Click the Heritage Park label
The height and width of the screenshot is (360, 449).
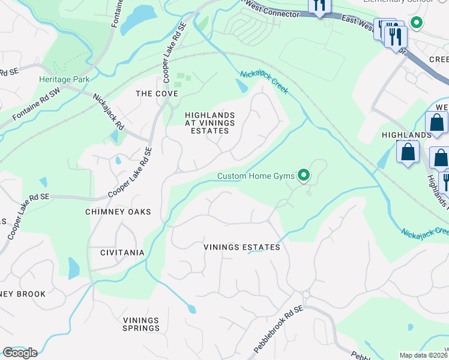click(x=64, y=79)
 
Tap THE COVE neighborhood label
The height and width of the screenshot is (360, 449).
click(x=157, y=94)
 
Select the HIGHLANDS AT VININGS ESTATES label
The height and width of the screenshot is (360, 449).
click(x=207, y=122)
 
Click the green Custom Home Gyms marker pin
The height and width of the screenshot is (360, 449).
click(x=304, y=175)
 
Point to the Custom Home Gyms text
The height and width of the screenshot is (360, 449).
click(x=256, y=176)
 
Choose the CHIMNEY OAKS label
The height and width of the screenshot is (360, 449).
click(x=118, y=212)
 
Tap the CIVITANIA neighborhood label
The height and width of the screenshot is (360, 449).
click(x=122, y=253)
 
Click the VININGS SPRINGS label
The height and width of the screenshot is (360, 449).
click(x=142, y=324)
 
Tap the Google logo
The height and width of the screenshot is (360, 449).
click(x=19, y=352)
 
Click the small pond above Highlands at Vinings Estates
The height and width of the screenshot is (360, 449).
click(x=241, y=86)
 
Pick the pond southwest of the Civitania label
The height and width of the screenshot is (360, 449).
click(x=73, y=268)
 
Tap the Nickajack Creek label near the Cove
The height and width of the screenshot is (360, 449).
click(x=264, y=82)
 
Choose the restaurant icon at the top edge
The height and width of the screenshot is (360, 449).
click(x=319, y=6)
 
